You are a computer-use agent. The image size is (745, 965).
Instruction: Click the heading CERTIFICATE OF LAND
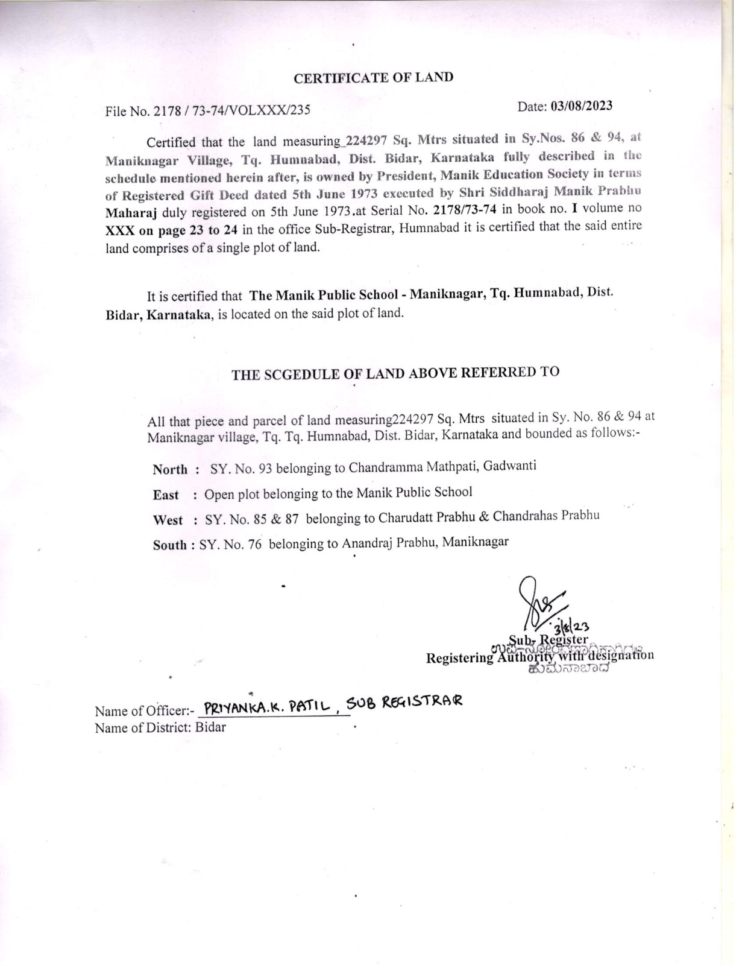[373, 77]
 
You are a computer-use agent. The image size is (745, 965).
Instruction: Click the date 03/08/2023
[581, 106]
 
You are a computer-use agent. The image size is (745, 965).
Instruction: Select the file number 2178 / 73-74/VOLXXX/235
[232, 110]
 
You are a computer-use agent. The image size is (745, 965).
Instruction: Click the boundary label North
[169, 469]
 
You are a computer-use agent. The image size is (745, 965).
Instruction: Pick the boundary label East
[166, 495]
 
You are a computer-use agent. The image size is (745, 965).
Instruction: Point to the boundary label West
[168, 520]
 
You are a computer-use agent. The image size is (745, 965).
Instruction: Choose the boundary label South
[169, 545]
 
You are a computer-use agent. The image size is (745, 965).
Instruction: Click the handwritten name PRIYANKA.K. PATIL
[268, 707]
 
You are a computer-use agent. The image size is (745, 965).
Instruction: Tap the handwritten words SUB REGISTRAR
[404, 701]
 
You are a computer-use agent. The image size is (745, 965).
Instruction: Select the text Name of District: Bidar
[160, 727]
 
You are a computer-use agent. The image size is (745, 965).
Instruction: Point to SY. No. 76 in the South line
[230, 544]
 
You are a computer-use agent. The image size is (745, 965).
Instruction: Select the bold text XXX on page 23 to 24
[171, 230]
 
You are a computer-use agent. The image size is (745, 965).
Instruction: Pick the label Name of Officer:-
[145, 711]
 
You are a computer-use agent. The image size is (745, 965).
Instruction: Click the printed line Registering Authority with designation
[539, 656]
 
